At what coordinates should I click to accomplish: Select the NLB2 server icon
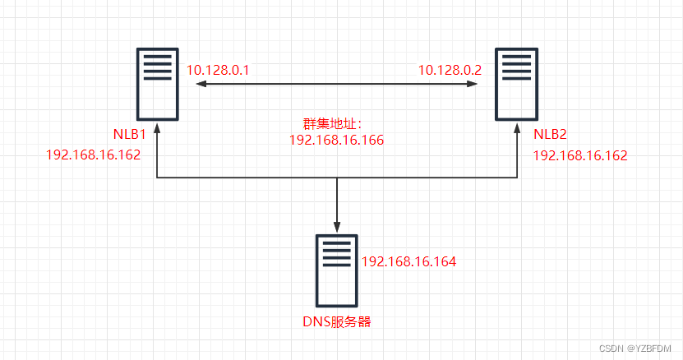[516, 83]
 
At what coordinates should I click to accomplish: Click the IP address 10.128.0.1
[218, 72]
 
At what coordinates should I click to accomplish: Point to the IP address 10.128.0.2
[450, 72]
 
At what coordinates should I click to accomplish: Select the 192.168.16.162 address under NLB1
[94, 155]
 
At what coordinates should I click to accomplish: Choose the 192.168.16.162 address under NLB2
[579, 155]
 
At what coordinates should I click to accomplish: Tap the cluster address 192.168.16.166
[336, 141]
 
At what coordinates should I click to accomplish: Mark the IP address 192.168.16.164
[408, 261]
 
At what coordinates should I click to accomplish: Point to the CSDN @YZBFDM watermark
[636, 348]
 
